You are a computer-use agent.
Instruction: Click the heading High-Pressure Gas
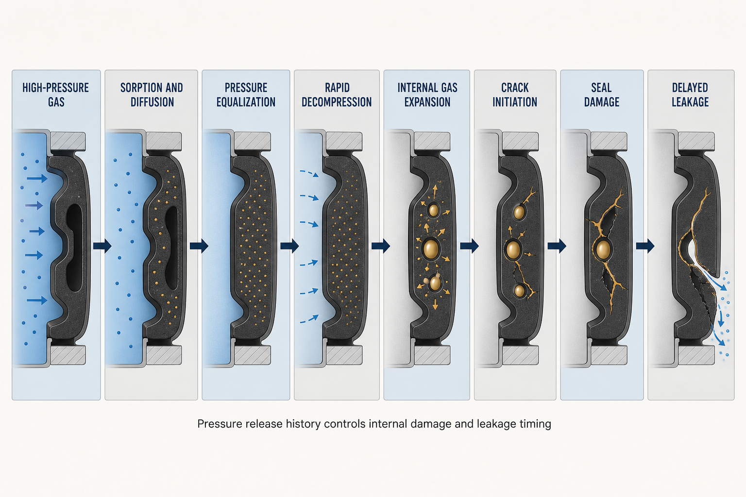(56, 95)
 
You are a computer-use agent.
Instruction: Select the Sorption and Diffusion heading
(152, 95)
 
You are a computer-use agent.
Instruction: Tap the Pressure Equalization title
(246, 95)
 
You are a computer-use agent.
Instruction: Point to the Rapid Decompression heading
(337, 95)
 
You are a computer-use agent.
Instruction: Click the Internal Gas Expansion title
(427, 95)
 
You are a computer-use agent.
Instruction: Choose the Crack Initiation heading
(515, 95)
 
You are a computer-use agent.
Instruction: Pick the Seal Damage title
(601, 95)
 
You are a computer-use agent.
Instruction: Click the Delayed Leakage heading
(690, 95)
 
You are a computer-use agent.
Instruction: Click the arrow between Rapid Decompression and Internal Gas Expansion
(381, 246)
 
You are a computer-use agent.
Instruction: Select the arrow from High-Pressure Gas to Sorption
(102, 246)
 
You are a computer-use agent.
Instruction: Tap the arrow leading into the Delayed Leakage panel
(645, 246)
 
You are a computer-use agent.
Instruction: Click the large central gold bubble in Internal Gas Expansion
(431, 248)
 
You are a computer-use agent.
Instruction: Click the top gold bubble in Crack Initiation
(519, 212)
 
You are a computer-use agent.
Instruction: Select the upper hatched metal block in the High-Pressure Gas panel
(68, 141)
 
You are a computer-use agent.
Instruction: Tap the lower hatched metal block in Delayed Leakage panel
(696, 355)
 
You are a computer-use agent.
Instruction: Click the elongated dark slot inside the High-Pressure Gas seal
(74, 248)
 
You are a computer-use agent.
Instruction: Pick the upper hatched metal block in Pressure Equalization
(253, 141)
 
